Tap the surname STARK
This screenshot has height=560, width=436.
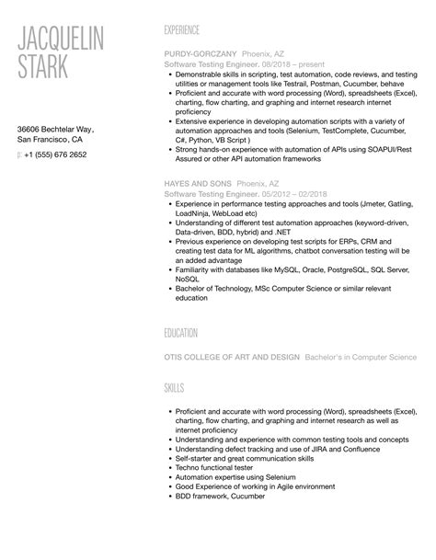coord(47,68)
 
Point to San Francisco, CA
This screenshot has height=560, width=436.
coord(51,142)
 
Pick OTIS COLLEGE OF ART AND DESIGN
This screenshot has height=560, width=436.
coord(231,357)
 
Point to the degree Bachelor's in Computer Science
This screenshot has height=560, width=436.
coord(361,357)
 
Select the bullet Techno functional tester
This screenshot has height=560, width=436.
coord(219,468)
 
